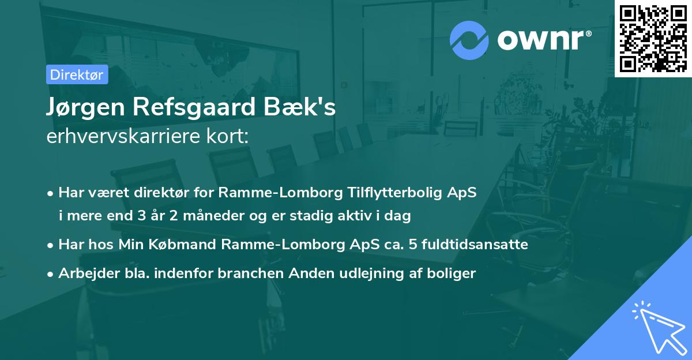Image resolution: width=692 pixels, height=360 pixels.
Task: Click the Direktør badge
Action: (77, 74)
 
